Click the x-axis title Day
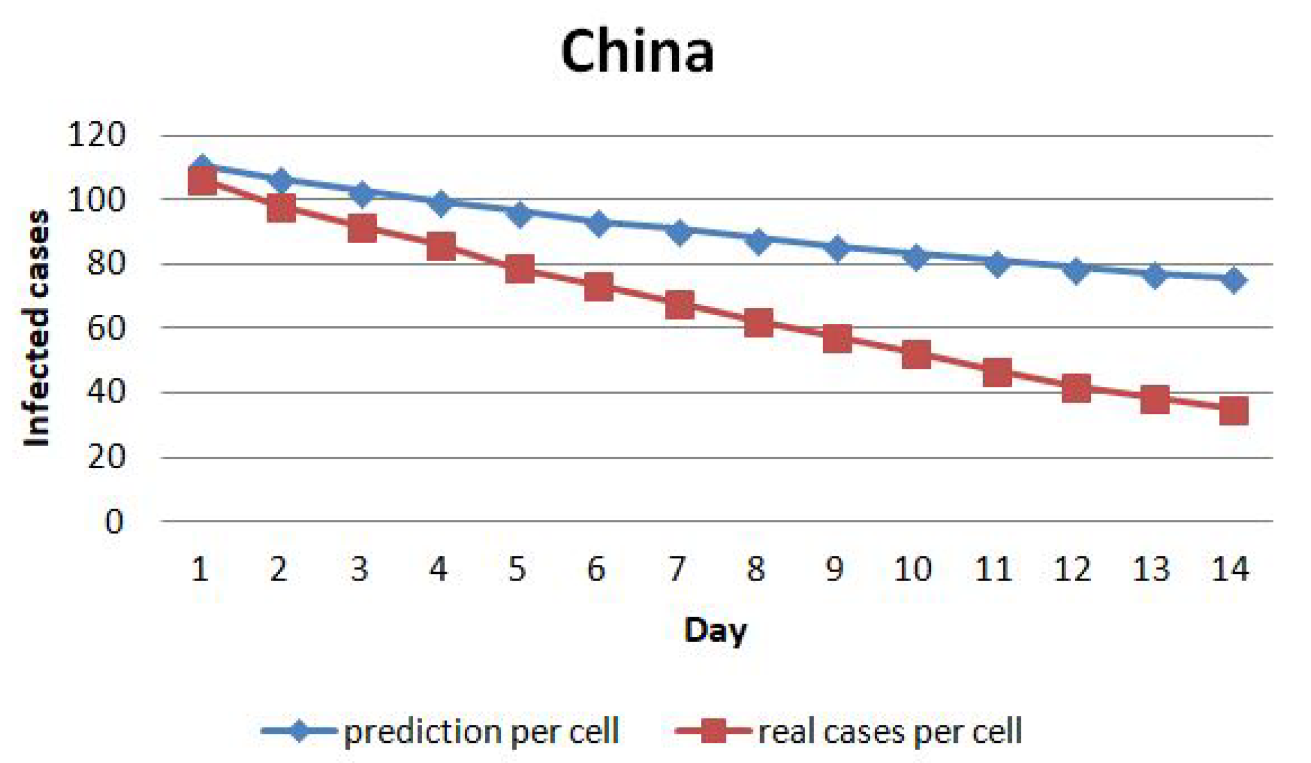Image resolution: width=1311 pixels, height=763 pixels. [715, 630]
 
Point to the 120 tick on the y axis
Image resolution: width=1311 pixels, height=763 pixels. [95, 135]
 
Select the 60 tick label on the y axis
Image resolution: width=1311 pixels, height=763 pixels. [106, 328]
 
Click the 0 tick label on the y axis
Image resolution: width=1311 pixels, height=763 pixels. [114, 522]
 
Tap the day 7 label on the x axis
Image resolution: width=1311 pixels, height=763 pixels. [677, 569]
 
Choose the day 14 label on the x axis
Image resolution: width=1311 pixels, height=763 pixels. [1229, 569]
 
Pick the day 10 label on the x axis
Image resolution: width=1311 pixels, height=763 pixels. [912, 569]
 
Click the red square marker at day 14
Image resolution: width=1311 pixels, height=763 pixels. [1234, 410]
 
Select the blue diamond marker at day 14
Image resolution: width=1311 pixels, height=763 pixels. [1234, 280]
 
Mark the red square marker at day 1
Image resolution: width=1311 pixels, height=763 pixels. [202, 181]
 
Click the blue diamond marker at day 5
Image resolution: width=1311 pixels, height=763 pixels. [519, 213]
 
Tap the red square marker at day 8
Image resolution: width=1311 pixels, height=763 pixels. [758, 323]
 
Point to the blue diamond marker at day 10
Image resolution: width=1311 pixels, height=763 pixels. [916, 257]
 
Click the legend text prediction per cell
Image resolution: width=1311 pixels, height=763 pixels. [481, 732]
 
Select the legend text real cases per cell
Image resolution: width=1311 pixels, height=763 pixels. [890, 732]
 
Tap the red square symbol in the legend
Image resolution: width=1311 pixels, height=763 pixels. [713, 731]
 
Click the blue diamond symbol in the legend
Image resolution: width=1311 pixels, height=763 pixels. [299, 731]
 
